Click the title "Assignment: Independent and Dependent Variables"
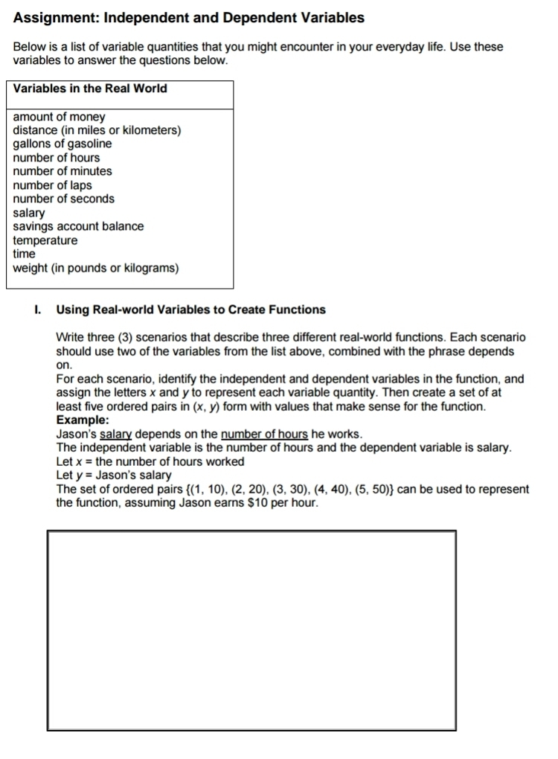(x=189, y=17)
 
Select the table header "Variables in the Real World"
(x=90, y=89)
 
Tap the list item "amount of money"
(x=60, y=117)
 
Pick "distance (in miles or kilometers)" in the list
(x=97, y=130)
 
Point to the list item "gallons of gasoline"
(x=62, y=144)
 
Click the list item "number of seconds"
(x=64, y=199)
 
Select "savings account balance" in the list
(x=79, y=226)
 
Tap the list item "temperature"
(x=45, y=240)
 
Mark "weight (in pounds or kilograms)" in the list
(x=96, y=267)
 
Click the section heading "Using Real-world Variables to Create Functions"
(x=190, y=310)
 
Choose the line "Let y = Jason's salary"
(x=114, y=475)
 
